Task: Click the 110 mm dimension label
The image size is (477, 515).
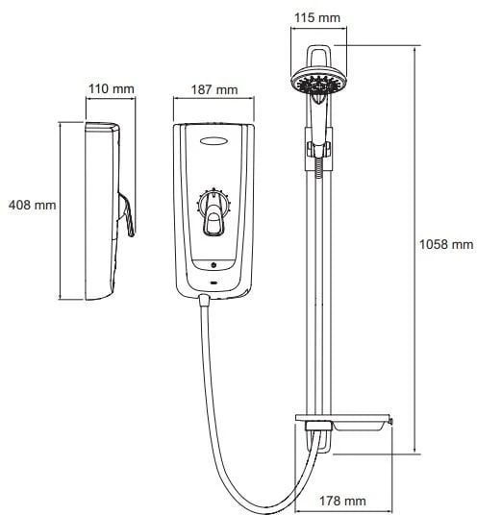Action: click(112, 88)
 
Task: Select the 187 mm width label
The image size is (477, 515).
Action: click(214, 89)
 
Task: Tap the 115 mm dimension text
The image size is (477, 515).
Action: click(317, 17)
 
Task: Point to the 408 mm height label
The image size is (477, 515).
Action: click(32, 205)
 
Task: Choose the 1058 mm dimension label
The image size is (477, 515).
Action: click(446, 244)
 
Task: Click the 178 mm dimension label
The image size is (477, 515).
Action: click(342, 501)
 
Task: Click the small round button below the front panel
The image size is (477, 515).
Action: click(214, 265)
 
